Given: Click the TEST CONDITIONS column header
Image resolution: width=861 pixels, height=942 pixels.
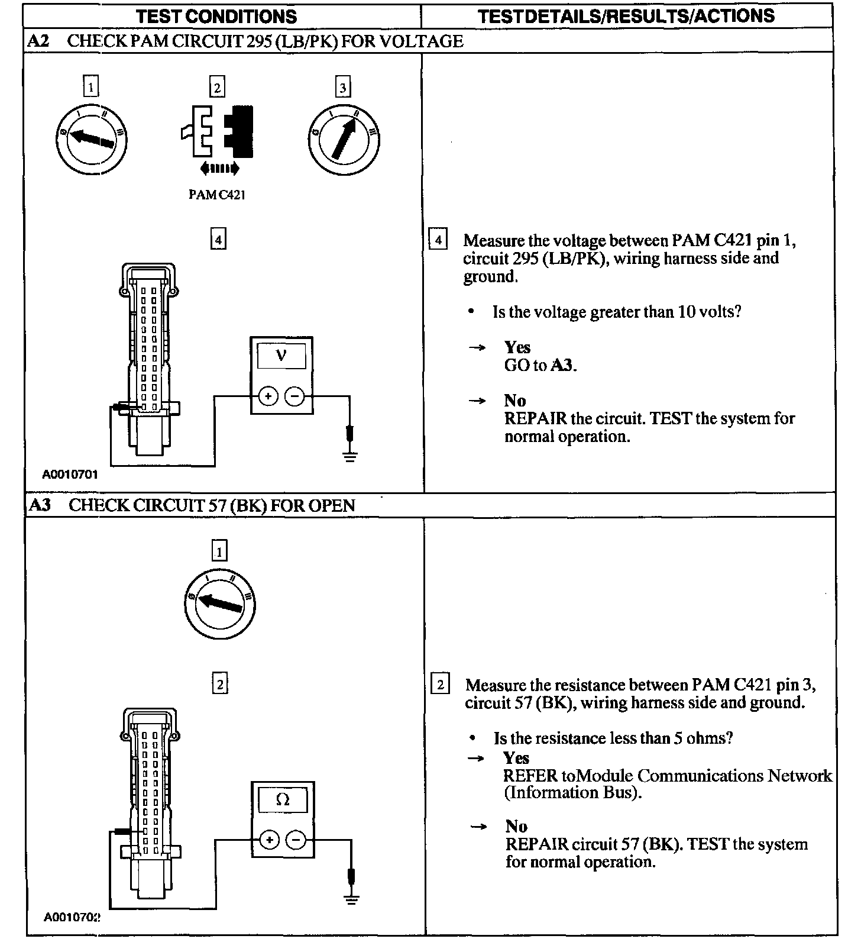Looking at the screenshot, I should click(216, 16).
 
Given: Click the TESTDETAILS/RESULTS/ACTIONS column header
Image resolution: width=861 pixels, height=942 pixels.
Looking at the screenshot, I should click(626, 16).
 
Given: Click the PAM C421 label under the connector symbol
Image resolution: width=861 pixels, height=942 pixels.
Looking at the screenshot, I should click(216, 195).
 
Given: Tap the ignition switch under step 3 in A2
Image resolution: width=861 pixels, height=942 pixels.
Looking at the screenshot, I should click(344, 140).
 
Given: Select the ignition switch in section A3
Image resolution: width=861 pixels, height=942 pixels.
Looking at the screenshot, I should click(219, 604).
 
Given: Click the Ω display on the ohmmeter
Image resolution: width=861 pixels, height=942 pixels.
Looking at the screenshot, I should click(283, 801).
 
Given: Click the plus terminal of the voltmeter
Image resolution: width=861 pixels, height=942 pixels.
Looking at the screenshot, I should click(268, 396).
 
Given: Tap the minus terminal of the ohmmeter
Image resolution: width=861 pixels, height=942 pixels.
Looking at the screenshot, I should click(296, 840).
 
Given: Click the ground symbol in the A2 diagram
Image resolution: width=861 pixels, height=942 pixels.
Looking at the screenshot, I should click(350, 456).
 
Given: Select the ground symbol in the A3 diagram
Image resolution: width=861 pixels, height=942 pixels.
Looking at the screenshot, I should click(351, 900).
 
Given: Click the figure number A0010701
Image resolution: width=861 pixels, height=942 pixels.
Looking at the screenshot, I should click(70, 474).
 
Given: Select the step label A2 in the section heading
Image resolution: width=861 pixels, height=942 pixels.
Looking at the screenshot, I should click(39, 41).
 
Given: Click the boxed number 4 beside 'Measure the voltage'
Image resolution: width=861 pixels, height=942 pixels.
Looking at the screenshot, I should click(438, 240).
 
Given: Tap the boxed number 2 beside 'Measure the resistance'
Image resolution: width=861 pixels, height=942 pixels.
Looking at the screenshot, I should click(440, 685).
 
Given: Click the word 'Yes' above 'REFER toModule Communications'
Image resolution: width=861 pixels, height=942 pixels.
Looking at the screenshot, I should click(516, 758).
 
